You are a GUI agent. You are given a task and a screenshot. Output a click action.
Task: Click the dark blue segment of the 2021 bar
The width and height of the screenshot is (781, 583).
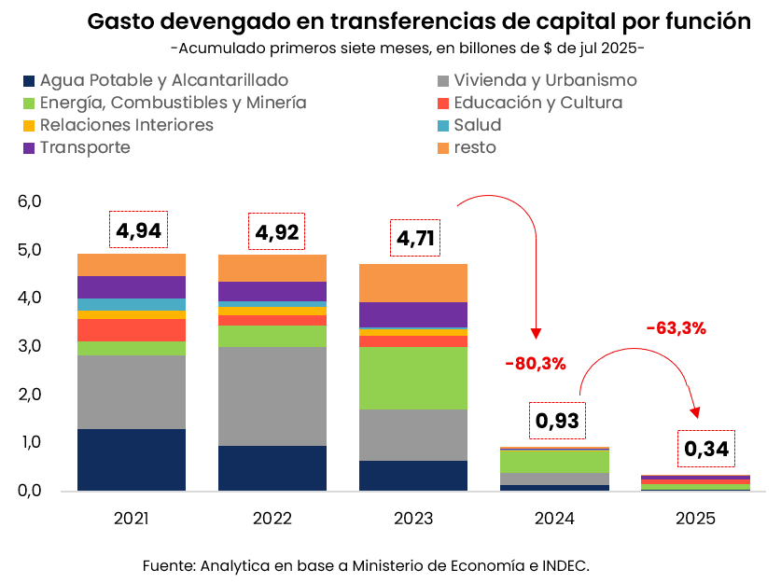click(x=132, y=459)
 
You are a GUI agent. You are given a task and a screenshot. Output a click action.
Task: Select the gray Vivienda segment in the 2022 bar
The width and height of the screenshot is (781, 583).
click(x=272, y=396)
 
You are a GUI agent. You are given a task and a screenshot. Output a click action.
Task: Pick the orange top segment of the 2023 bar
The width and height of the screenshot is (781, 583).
click(x=413, y=283)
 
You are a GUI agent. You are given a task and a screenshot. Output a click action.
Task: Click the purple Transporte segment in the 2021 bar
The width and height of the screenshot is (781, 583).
click(x=132, y=286)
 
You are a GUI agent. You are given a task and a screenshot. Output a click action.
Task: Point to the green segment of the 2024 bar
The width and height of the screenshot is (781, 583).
click(x=555, y=461)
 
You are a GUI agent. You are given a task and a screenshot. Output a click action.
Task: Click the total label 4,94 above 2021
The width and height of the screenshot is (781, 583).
click(x=138, y=229)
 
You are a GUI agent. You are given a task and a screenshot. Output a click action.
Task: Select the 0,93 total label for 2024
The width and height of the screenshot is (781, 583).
click(x=558, y=421)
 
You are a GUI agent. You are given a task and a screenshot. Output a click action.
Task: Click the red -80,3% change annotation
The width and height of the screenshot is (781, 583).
click(x=536, y=364)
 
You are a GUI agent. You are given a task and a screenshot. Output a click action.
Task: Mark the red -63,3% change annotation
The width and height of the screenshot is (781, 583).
click(x=676, y=327)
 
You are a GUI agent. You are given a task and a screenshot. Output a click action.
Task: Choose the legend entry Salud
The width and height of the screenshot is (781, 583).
click(x=477, y=125)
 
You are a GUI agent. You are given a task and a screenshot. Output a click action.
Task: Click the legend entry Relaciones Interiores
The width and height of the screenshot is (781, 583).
click(x=126, y=125)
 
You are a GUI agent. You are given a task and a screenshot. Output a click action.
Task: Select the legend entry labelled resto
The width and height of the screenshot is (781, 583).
click(x=475, y=147)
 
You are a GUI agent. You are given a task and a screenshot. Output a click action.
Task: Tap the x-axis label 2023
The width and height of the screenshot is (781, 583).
click(x=413, y=519)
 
